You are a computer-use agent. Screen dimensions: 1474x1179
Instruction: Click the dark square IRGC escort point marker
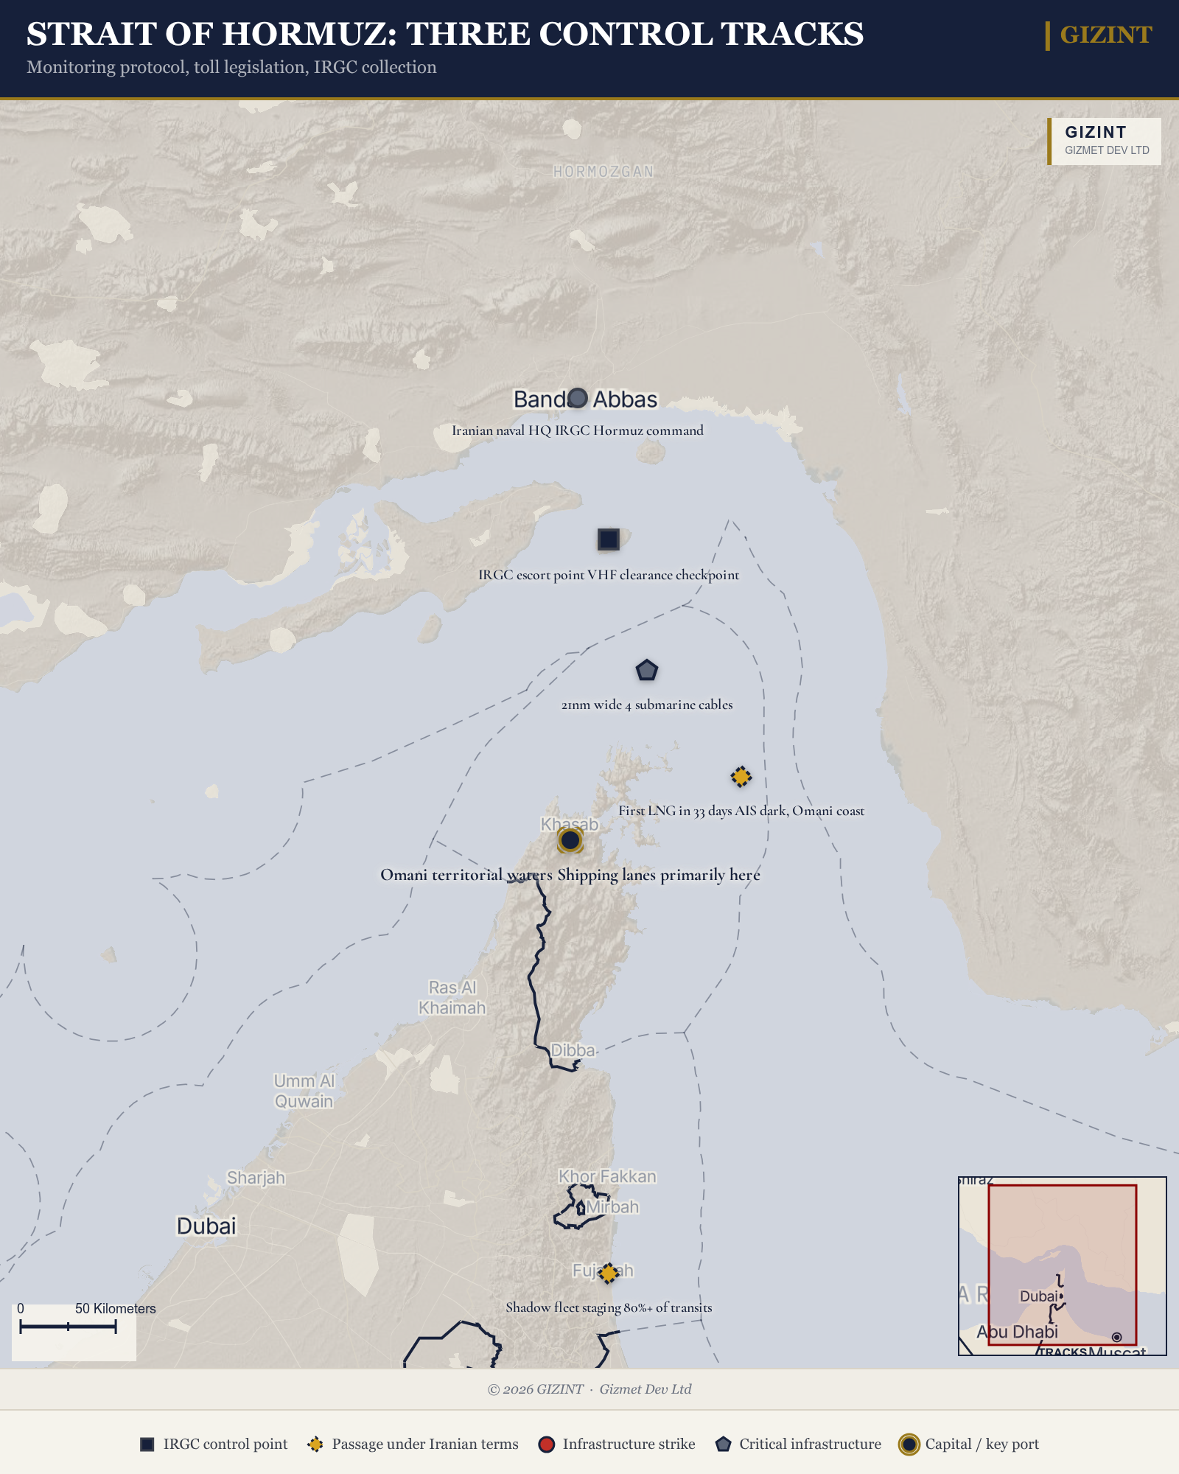point(609,539)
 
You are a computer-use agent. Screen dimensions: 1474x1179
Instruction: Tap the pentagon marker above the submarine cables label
point(646,671)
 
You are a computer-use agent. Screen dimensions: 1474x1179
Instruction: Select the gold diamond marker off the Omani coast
point(741,777)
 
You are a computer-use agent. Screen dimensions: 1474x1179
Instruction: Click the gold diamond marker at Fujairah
point(608,1273)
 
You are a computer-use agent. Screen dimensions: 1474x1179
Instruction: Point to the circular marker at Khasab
point(570,839)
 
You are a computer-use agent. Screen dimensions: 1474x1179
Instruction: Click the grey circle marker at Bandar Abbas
point(578,398)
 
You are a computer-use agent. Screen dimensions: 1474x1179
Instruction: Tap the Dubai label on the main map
point(206,1226)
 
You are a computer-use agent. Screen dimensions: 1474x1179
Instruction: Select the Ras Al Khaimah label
point(452,997)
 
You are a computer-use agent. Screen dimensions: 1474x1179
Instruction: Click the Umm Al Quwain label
point(304,1091)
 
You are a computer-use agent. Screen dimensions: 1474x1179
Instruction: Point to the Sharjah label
point(256,1178)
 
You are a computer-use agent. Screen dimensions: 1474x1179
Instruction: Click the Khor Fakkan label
point(607,1176)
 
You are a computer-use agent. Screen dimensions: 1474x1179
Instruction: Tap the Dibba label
point(573,1050)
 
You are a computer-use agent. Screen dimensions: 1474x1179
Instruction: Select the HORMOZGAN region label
point(604,172)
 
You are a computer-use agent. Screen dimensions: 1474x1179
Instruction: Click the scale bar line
point(68,1327)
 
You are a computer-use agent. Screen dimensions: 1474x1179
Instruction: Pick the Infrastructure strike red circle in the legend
point(546,1445)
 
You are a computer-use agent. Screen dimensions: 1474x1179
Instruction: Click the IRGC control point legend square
point(147,1445)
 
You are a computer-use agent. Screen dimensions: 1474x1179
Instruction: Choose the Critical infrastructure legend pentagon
point(723,1445)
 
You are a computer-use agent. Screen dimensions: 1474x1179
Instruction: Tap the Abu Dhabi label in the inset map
point(1017,1332)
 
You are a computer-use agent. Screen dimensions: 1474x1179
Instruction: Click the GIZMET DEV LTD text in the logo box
point(1107,150)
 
